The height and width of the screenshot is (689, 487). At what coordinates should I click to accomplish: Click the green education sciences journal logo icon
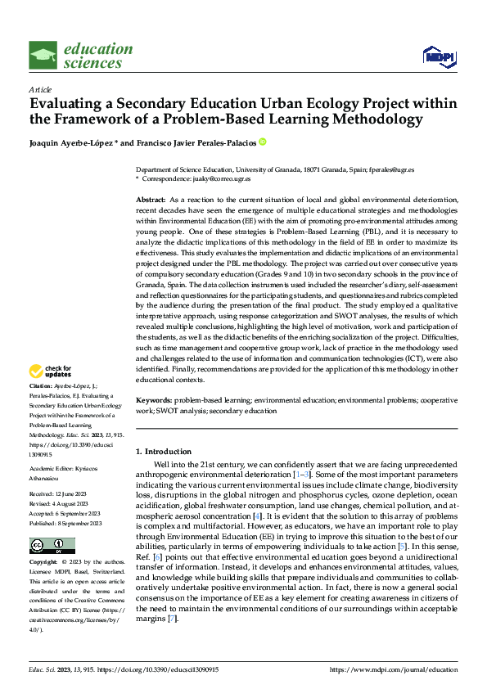43,56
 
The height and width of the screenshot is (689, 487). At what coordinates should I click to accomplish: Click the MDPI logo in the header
438,56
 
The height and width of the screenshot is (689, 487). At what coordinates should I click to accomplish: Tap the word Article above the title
40,88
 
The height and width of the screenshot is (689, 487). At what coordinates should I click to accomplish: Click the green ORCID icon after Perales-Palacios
263,142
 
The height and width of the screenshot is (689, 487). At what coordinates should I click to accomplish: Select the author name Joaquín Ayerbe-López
72,142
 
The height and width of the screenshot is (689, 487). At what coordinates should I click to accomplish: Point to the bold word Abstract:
151,200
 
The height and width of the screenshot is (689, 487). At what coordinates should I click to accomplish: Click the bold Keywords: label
153,402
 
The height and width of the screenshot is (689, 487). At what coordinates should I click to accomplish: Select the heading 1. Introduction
164,452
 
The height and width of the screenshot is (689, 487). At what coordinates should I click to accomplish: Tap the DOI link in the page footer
162,669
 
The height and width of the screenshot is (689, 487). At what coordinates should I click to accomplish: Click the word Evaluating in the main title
63,105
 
